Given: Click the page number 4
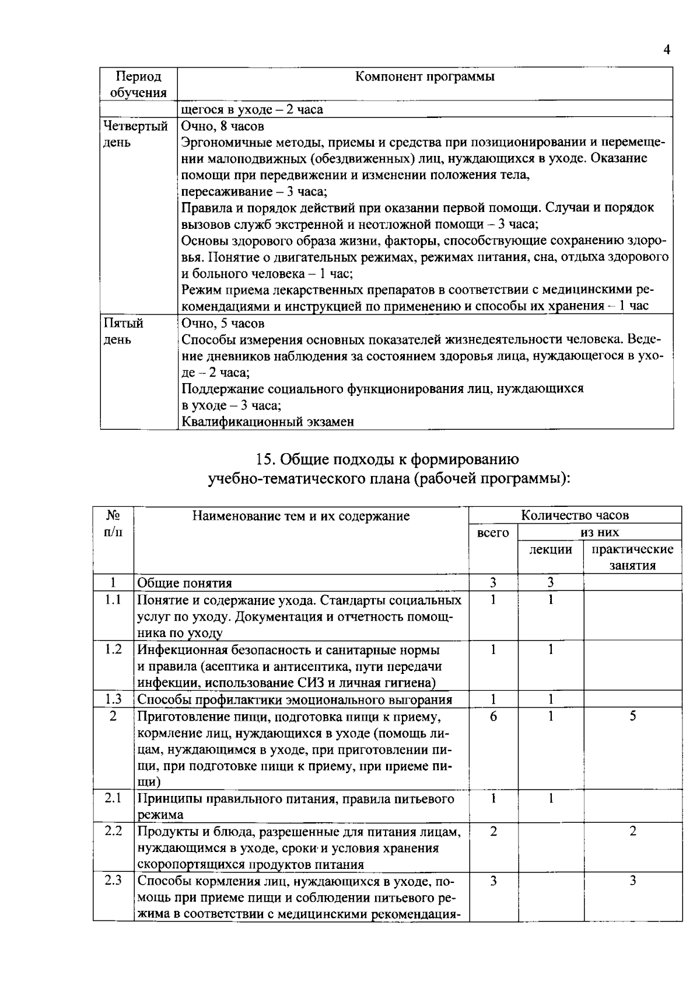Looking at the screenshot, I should pos(667,50).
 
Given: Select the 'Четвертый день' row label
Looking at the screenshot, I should pos(136,134).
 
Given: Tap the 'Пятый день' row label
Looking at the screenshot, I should pos(124,331).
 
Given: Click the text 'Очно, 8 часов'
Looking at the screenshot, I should pos(222,126).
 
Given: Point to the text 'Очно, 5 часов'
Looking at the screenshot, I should pos(222,324).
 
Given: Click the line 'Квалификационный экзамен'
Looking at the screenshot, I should pos(268,422).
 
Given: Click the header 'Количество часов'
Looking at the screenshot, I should pos(575,515).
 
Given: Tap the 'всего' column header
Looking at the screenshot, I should pos(493,533).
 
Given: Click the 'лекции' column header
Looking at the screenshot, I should pos(550,549).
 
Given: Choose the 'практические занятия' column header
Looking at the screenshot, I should pos(632,557).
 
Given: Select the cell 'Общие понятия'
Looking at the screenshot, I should pos(184,583).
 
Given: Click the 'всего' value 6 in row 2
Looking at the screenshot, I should pos(493,716).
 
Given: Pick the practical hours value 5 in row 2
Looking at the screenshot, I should pos(632,716).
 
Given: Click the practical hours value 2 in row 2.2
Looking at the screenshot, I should pos(632,831).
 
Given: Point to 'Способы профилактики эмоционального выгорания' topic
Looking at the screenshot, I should pos(295,700).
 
